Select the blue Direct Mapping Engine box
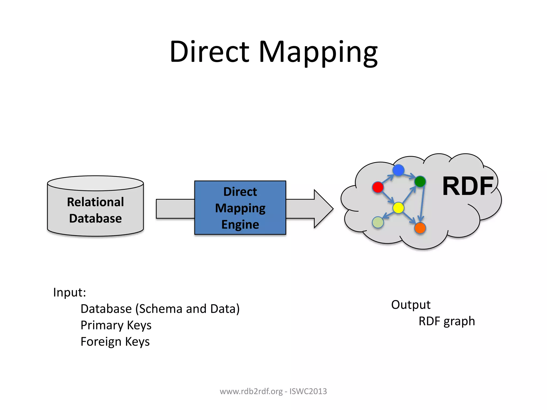tap(240, 208)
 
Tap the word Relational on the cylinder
tap(95, 202)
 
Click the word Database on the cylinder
tap(95, 218)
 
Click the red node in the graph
tap(378, 187)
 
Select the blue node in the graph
tap(398, 170)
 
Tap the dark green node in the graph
tap(420, 182)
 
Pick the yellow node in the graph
tap(398, 208)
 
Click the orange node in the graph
tap(420, 228)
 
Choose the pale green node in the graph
tap(378, 222)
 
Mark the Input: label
tap(69, 292)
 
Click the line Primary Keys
tap(116, 325)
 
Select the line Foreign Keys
tap(115, 342)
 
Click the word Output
tap(411, 305)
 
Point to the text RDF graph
tap(447, 321)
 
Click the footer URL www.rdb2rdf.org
tap(251, 391)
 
